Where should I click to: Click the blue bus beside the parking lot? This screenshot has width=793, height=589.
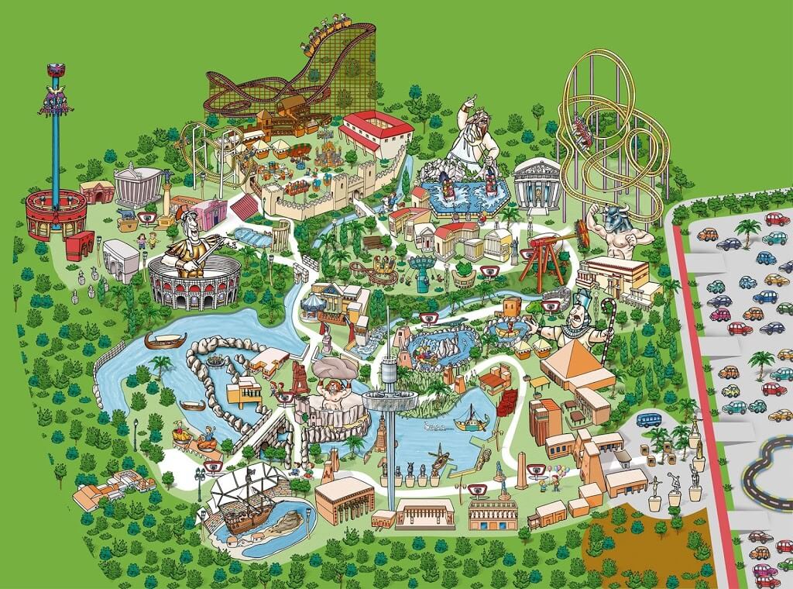(650, 419)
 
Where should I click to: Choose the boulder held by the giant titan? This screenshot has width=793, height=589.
(334, 370)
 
